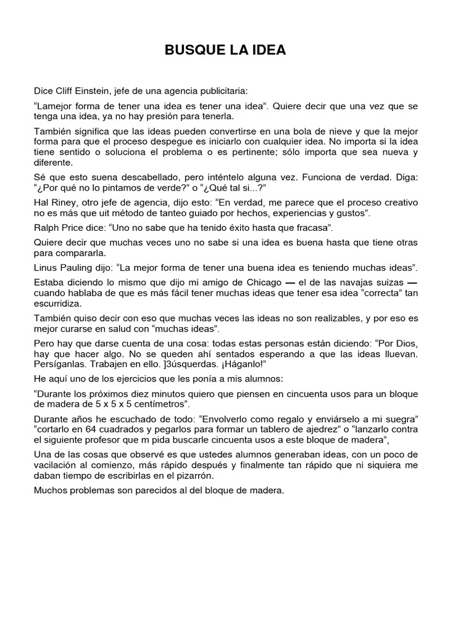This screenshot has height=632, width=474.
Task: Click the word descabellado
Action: (123, 177)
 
